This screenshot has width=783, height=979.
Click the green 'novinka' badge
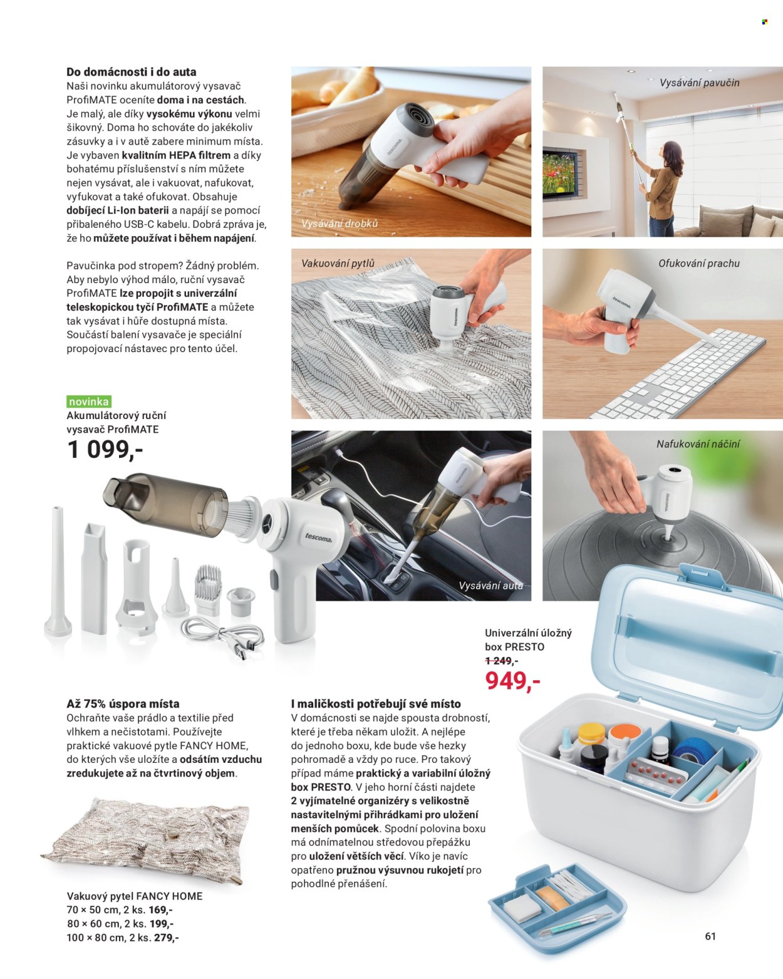click(x=89, y=401)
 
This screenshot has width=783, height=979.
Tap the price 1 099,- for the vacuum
click(x=105, y=450)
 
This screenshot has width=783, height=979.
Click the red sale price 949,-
click(x=513, y=681)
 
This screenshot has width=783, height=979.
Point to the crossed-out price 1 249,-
click(x=501, y=661)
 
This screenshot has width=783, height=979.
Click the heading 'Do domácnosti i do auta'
click(x=132, y=72)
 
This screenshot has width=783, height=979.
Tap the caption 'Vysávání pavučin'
click(x=699, y=83)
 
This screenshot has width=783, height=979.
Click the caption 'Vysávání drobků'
click(x=340, y=224)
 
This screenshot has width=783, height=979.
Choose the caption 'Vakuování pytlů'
click(x=338, y=264)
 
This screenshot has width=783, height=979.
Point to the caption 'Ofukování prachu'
click(x=699, y=264)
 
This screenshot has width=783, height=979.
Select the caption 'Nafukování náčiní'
click(x=698, y=443)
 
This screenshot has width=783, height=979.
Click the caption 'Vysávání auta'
click(x=491, y=586)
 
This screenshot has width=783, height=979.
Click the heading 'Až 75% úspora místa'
click(x=123, y=704)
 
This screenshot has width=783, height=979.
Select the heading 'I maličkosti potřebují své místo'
click(x=376, y=704)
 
